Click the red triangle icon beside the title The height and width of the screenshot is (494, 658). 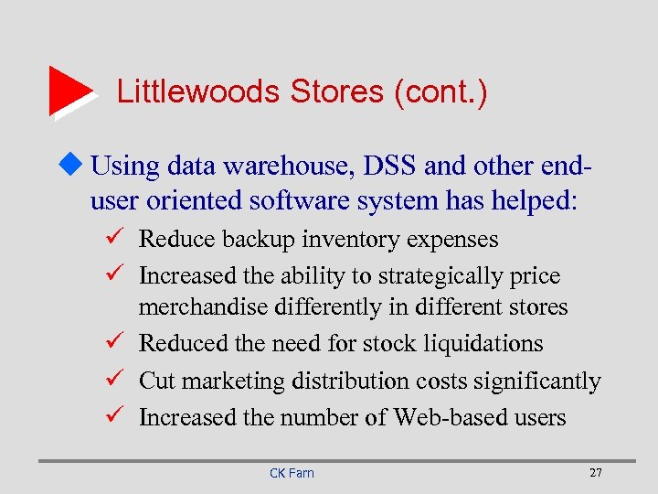[x=69, y=91]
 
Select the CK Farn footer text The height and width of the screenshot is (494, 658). [x=292, y=472]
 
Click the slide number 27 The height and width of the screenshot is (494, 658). [x=596, y=472]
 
